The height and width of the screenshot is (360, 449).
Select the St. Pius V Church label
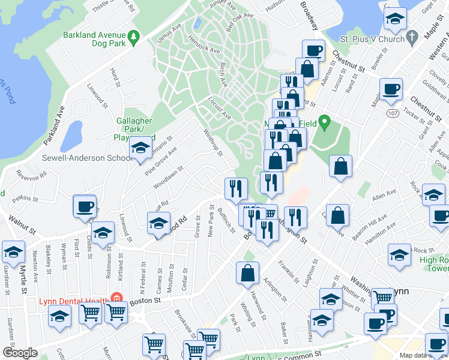372,39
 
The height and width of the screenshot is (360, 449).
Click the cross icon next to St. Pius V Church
412,38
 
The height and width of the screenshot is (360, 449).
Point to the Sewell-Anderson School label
86,158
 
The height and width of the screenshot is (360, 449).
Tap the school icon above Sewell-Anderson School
140,148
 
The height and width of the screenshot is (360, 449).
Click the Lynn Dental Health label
73,301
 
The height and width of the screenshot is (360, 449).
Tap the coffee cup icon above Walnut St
85,207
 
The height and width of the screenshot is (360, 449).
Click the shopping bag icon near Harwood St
247,274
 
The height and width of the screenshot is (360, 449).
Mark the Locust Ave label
220,107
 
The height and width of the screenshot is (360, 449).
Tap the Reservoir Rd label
31,175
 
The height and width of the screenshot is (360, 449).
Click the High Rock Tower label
433,265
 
